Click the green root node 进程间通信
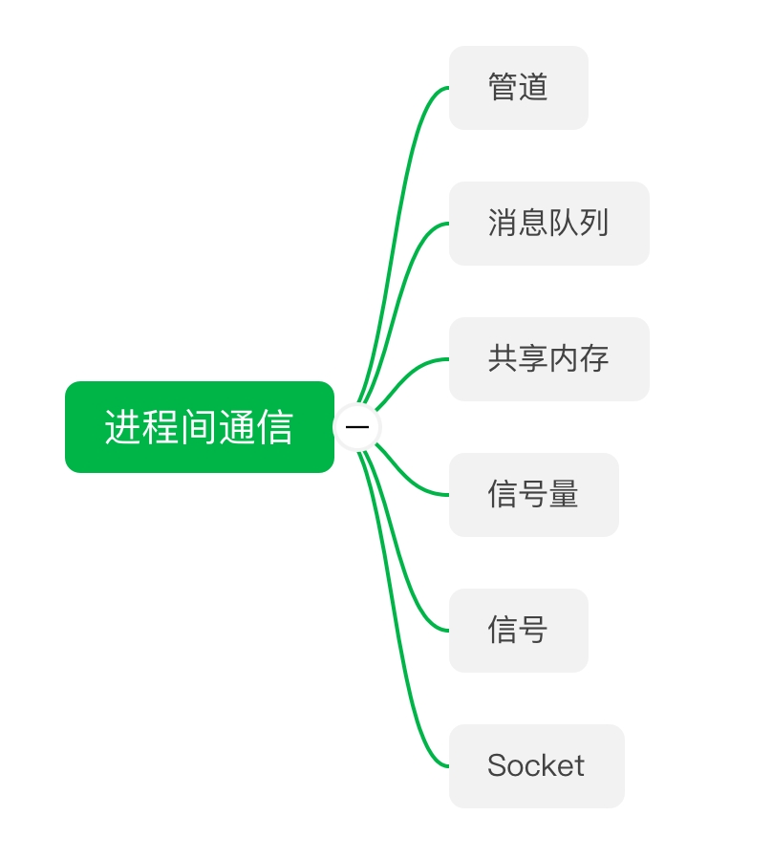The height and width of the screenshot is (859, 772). (199, 427)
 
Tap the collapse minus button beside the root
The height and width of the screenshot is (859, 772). (357, 427)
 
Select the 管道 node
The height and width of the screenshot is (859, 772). (518, 88)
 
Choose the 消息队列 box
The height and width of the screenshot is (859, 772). (548, 224)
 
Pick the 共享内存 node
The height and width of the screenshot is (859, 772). (548, 359)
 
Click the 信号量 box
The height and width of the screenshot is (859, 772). (533, 495)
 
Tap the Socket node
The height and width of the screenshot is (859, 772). (536, 765)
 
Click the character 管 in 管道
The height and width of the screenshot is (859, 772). (504, 88)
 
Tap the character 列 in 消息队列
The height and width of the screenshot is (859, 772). (593, 224)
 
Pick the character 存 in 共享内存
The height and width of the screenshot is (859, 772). (593, 359)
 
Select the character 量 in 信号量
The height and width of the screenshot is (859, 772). (564, 495)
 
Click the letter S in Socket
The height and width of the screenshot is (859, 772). (497, 765)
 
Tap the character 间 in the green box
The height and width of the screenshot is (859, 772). (199, 427)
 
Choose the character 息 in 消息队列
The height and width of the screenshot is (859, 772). (533, 224)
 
